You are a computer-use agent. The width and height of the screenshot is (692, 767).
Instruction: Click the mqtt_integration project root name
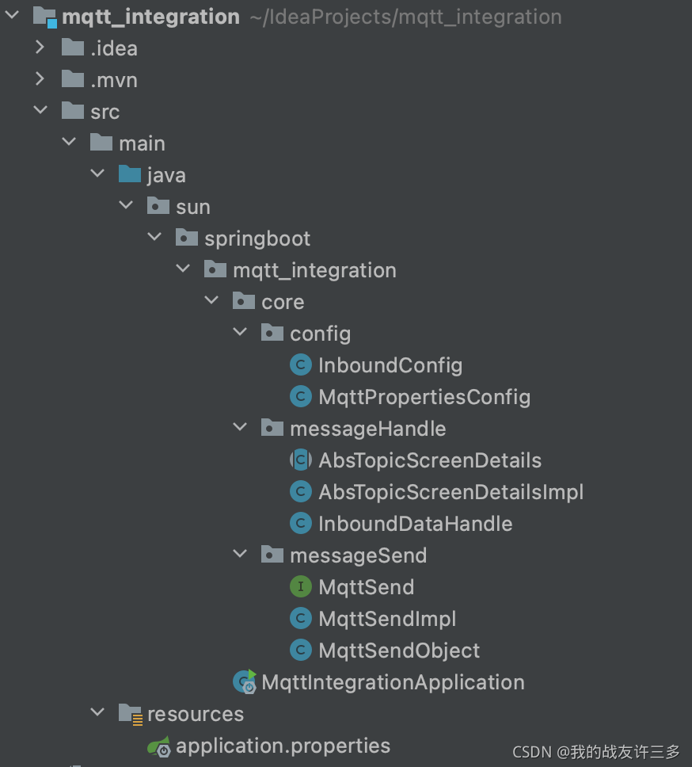pyautogui.click(x=150, y=17)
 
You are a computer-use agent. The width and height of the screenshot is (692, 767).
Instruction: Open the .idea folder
pyautogui.click(x=113, y=48)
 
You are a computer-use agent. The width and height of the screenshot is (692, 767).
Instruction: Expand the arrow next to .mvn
pyautogui.click(x=40, y=80)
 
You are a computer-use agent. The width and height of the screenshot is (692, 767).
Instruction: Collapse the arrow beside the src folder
pyautogui.click(x=40, y=111)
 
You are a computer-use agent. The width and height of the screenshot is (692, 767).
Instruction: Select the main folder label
pyautogui.click(x=142, y=143)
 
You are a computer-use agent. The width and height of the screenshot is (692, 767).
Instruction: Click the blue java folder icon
pyautogui.click(x=129, y=174)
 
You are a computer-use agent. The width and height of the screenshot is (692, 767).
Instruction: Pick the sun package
pyautogui.click(x=192, y=207)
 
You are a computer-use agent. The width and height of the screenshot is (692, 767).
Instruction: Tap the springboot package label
pyautogui.click(x=257, y=238)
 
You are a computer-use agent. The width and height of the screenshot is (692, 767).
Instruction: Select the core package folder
pyautogui.click(x=283, y=302)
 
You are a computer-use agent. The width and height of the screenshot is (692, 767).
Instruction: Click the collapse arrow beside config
pyautogui.click(x=240, y=333)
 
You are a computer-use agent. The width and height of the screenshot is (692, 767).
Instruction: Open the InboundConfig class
pyautogui.click(x=390, y=365)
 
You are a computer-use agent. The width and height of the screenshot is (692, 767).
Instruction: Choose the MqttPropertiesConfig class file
pyautogui.click(x=424, y=397)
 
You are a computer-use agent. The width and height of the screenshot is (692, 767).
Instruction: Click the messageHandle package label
pyautogui.click(x=367, y=429)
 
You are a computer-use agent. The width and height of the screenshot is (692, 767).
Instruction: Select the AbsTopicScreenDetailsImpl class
pyautogui.click(x=451, y=492)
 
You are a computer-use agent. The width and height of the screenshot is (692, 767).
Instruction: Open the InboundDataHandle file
pyautogui.click(x=415, y=524)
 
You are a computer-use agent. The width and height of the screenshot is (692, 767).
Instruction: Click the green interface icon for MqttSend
pyautogui.click(x=300, y=587)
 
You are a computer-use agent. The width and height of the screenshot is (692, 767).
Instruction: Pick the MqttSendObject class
pyautogui.click(x=399, y=651)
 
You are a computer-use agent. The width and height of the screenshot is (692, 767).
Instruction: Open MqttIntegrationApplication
pyautogui.click(x=393, y=682)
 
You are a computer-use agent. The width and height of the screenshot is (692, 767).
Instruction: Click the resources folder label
pyautogui.click(x=195, y=714)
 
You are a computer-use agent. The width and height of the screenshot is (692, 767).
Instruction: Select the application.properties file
pyautogui.click(x=283, y=746)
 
